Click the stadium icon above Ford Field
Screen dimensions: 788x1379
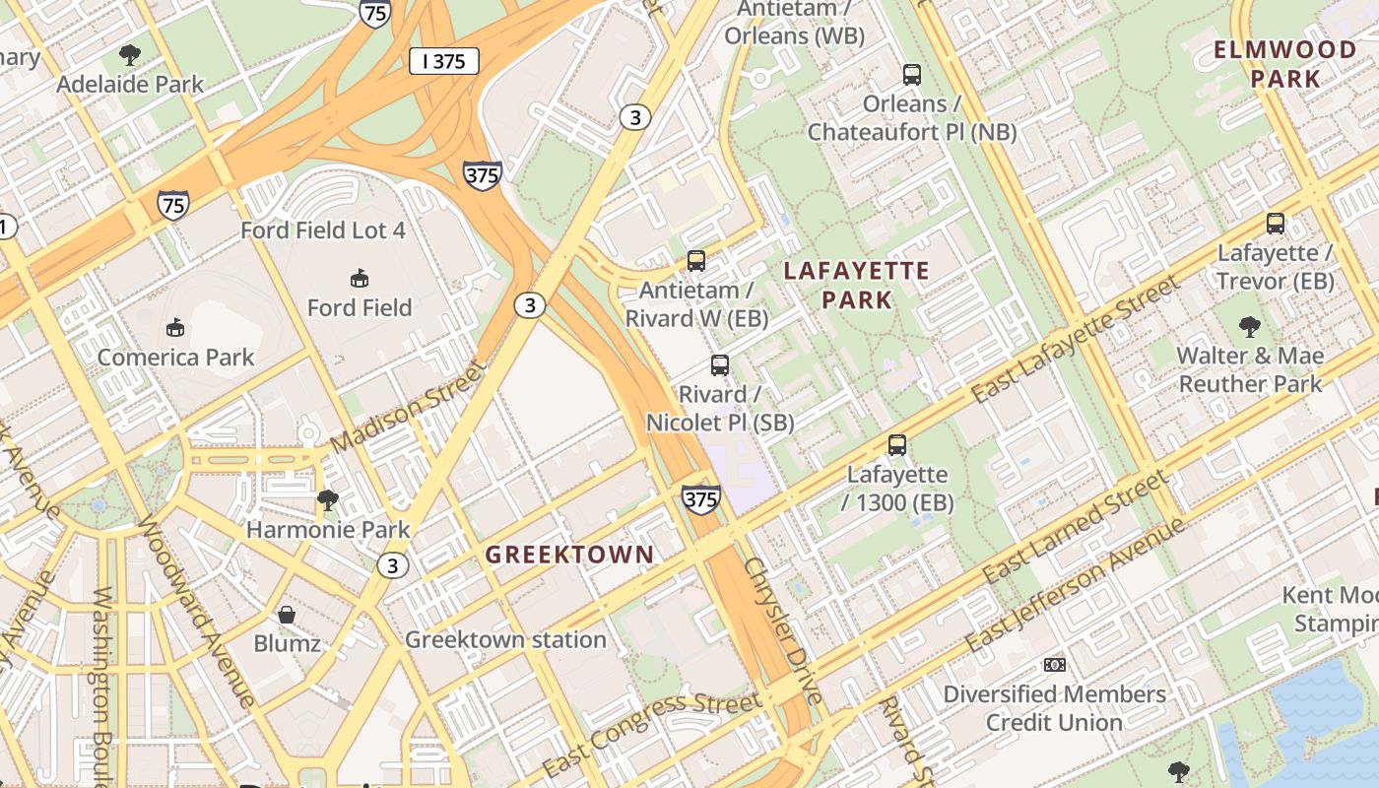pyautogui.click(x=360, y=279)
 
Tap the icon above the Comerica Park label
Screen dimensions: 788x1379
pyautogui.click(x=176, y=327)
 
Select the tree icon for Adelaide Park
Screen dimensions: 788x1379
pyautogui.click(x=129, y=55)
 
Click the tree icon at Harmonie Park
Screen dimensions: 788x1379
pyautogui.click(x=327, y=501)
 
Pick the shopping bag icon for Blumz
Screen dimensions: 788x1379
pyautogui.click(x=287, y=616)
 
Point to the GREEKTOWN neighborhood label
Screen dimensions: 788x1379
pyautogui.click(x=569, y=555)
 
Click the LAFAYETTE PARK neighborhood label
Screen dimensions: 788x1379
pyautogui.click(x=857, y=285)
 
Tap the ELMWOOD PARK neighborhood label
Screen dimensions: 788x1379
pyautogui.click(x=1284, y=64)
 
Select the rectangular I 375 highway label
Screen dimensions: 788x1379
pyautogui.click(x=443, y=61)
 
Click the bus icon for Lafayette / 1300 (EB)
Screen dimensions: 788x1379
pyautogui.click(x=896, y=445)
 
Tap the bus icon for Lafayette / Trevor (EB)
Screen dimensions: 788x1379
pyautogui.click(x=1276, y=224)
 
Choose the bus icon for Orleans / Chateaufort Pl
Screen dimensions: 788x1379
pyautogui.click(x=912, y=75)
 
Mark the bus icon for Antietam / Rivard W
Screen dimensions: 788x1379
pyautogui.click(x=696, y=261)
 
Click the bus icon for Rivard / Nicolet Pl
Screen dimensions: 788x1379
pyautogui.click(x=720, y=365)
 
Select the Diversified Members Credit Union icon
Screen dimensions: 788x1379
pyautogui.click(x=1055, y=665)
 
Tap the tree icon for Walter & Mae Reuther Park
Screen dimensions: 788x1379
pyautogui.click(x=1250, y=326)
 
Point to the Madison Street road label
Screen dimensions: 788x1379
pyautogui.click(x=408, y=408)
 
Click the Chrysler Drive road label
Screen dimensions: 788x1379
pyautogui.click(x=782, y=630)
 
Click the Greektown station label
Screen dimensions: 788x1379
pyautogui.click(x=505, y=639)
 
